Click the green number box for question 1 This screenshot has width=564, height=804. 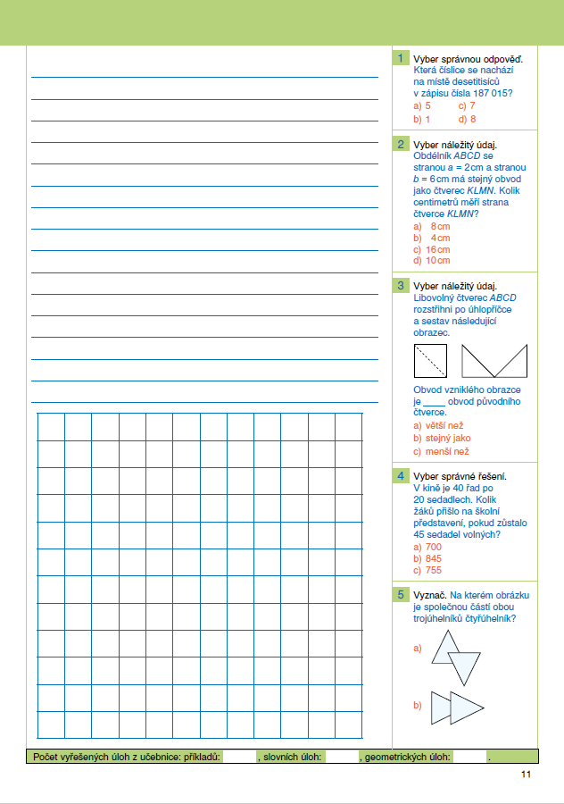coord(402,59)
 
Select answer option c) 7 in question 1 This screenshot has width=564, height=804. coord(467,105)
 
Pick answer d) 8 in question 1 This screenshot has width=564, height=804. coord(467,119)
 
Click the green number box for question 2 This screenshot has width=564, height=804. coord(402,145)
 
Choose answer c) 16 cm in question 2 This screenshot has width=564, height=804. coord(432,249)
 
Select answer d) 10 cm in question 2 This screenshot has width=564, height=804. coord(432,261)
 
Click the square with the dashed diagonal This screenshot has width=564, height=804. coord(430,360)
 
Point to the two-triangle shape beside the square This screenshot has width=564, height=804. coord(495,361)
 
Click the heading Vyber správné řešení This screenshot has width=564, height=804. coord(460,476)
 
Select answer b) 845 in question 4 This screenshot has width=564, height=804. coord(427,558)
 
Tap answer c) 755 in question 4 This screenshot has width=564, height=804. coord(427,570)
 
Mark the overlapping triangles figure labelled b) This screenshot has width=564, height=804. coord(456,708)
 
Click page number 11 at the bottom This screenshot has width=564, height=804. coord(527,775)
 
